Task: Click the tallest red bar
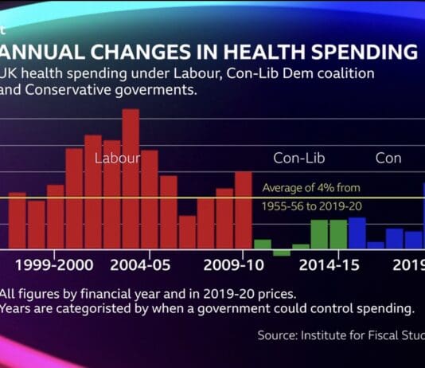tap(131, 178)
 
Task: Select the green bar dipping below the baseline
tap(282, 253)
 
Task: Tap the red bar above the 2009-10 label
tap(244, 209)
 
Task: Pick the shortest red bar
tap(187, 232)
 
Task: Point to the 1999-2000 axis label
tap(53, 264)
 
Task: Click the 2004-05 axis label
tap(140, 264)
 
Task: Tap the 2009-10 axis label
tap(234, 264)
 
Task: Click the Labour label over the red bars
tap(117, 158)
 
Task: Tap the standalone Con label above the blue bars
tap(388, 158)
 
